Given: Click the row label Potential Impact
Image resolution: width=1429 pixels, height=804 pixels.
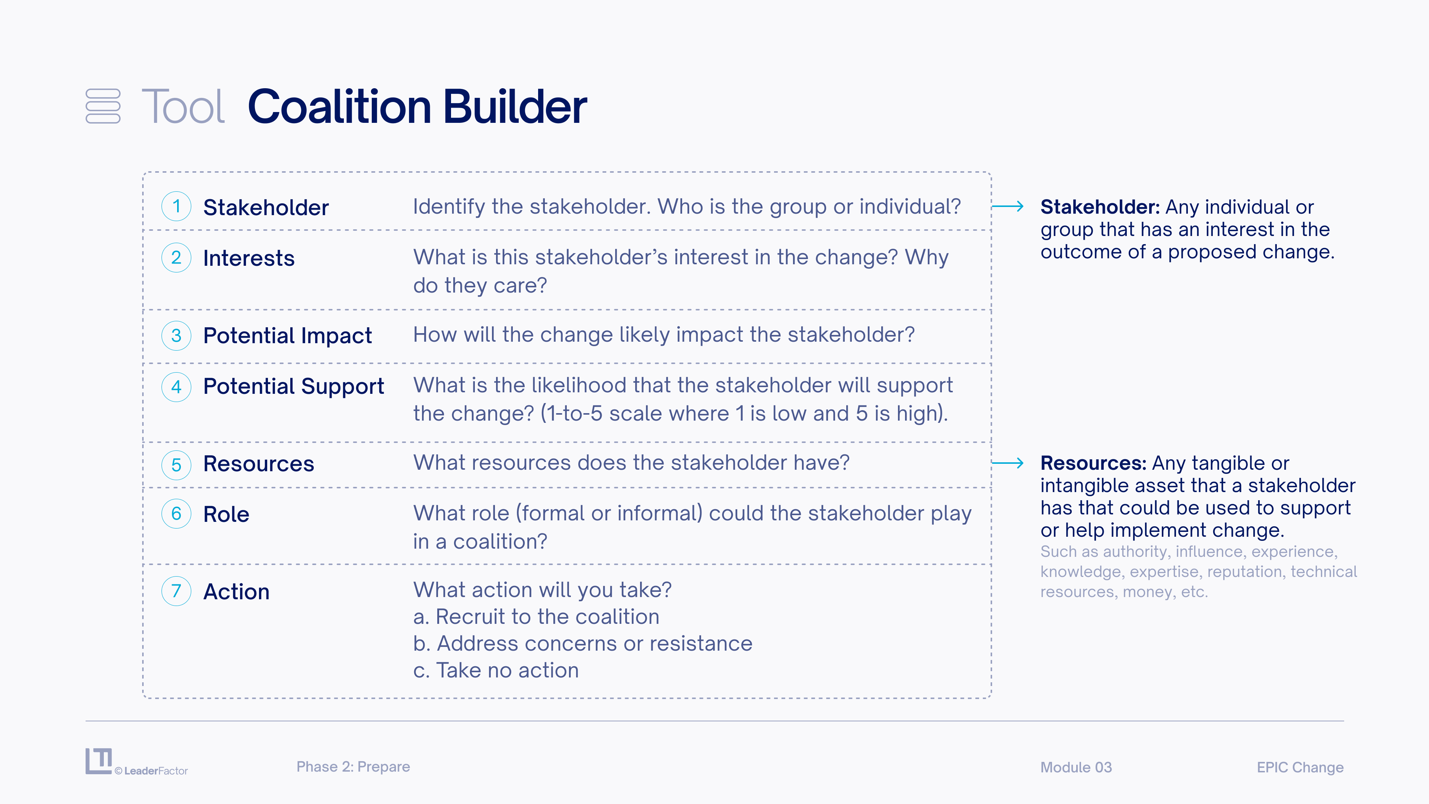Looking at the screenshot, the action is point(287,336).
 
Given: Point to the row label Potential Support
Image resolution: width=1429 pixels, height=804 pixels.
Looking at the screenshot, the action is point(294,387).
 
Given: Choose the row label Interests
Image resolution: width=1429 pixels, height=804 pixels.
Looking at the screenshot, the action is point(249,259).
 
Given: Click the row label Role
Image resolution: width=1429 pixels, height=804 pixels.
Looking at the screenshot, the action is point(226,514).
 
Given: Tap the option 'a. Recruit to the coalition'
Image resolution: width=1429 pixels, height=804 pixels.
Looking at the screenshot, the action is point(536,617).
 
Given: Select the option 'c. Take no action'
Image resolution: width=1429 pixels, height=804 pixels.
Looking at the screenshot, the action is point(496,670).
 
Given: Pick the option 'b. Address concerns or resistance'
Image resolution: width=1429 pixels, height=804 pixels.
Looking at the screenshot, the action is point(582,644).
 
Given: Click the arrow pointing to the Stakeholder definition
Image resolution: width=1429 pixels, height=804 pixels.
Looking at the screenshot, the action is point(1007,207).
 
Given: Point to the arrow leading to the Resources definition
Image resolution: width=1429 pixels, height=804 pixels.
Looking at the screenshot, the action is point(1007,463).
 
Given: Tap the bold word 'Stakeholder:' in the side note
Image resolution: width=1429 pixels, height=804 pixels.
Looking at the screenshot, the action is point(1100,207).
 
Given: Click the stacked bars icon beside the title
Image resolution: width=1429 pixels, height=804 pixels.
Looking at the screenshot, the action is point(103,106).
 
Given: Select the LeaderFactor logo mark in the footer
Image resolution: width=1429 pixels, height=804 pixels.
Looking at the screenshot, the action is point(99,761).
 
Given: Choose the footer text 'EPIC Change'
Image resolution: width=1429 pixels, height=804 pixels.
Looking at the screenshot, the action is point(1300,768).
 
